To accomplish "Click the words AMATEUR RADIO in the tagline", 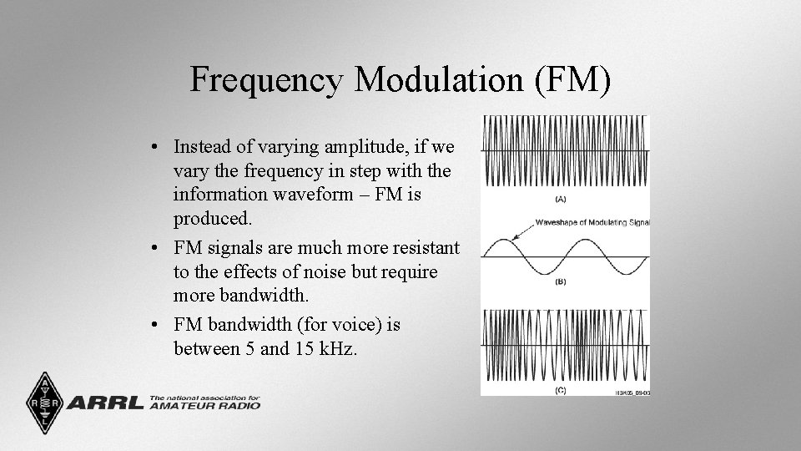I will coord(204,406).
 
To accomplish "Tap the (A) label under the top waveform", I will coord(560,199).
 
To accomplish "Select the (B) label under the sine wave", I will coord(560,282).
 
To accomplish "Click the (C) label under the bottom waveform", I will coord(560,389).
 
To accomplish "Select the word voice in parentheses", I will coord(333,324).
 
